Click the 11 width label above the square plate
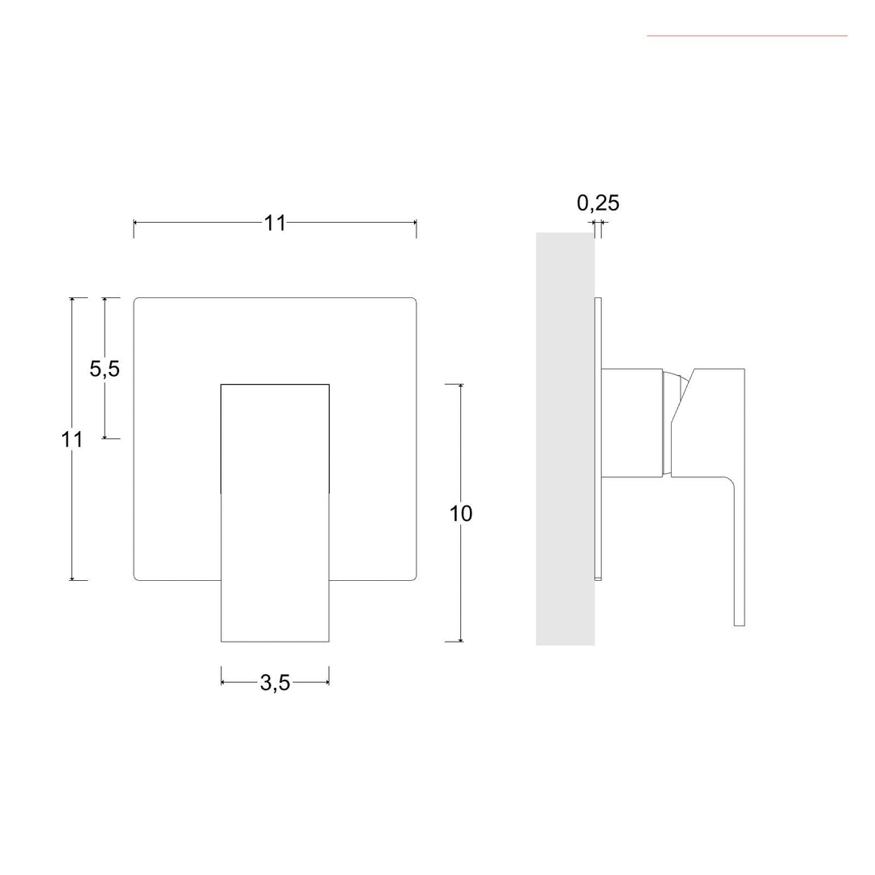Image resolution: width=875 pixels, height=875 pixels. pyautogui.click(x=275, y=223)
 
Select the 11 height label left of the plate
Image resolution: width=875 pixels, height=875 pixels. pyautogui.click(x=72, y=440)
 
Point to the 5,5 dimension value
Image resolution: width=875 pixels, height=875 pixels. pyautogui.click(x=105, y=369)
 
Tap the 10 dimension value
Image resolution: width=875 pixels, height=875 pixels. pyautogui.click(x=461, y=514)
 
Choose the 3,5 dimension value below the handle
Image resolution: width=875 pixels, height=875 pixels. pyautogui.click(x=275, y=683)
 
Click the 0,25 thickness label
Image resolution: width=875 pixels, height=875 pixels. pyautogui.click(x=598, y=203)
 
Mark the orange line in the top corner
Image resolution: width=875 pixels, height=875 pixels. pyautogui.click(x=746, y=36)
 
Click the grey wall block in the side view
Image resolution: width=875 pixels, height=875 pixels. pyautogui.click(x=565, y=438)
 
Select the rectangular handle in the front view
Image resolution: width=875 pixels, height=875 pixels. pyautogui.click(x=275, y=512)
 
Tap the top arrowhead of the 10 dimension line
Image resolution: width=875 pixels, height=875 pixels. pyautogui.click(x=461, y=386)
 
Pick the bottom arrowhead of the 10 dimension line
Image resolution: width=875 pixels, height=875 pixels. pyautogui.click(x=461, y=639)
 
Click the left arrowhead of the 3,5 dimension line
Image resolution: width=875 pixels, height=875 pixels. pyautogui.click(x=224, y=682)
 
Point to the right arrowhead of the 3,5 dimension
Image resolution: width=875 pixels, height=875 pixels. pyautogui.click(x=327, y=682)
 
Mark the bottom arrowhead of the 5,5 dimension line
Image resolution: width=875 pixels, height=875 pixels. pyautogui.click(x=105, y=436)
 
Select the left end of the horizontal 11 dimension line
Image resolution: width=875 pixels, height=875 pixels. pyautogui.click(x=135, y=222)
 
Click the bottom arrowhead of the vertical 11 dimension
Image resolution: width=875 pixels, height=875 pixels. pyautogui.click(x=72, y=578)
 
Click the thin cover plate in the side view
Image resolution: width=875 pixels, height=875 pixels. pyautogui.click(x=598, y=438)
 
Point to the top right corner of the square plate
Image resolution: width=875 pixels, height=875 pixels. pyautogui.click(x=414, y=300)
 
